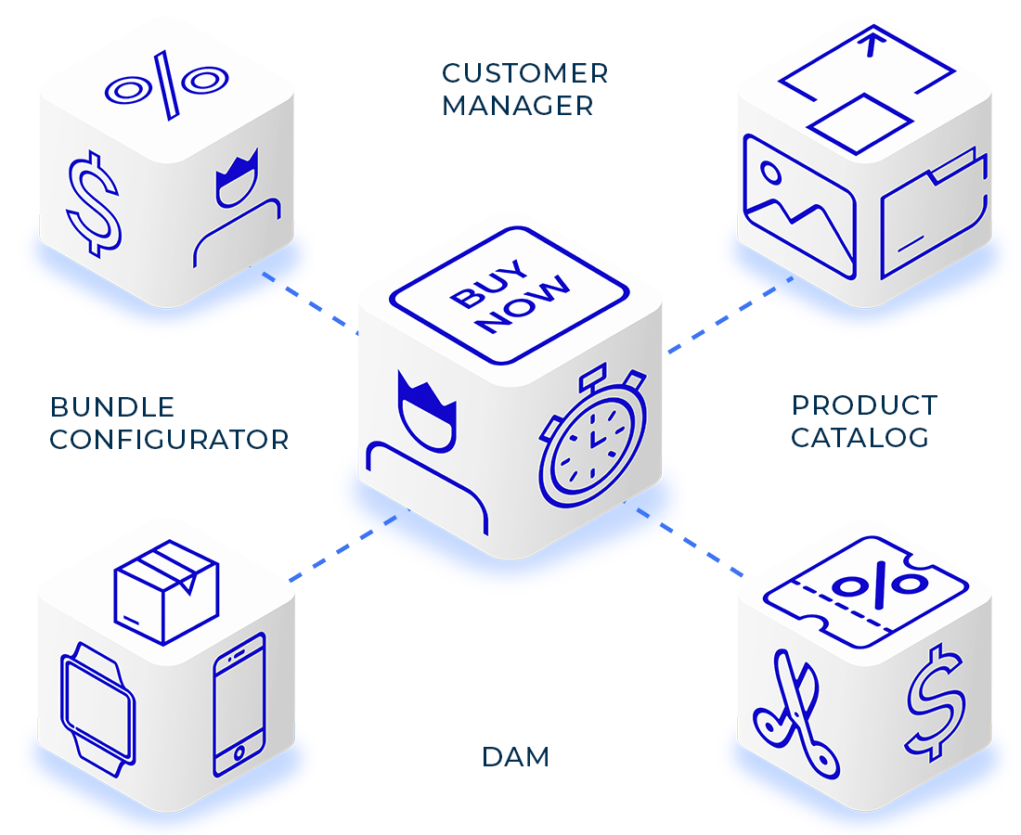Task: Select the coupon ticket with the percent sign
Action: [x=865, y=588]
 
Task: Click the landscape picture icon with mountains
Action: [x=798, y=204]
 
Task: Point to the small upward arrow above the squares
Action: [x=870, y=44]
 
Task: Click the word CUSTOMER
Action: [x=524, y=72]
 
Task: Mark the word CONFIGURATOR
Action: [x=169, y=439]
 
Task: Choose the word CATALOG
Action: [x=859, y=437]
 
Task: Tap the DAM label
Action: [x=515, y=757]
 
